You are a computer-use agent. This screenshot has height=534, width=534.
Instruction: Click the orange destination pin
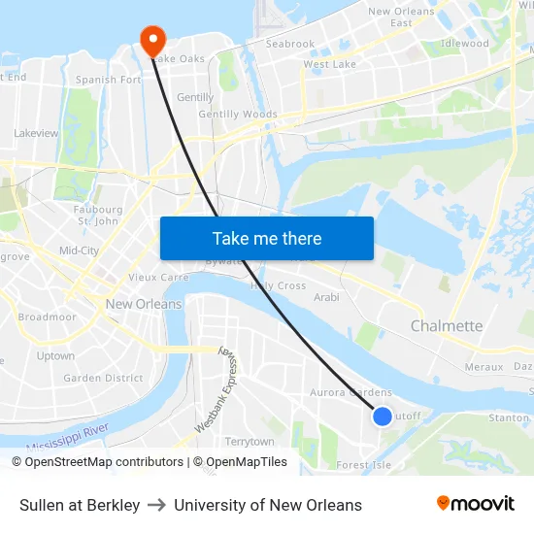point(153,40)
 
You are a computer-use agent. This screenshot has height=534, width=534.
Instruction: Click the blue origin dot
point(383,416)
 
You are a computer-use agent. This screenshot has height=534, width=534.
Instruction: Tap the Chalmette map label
point(447,326)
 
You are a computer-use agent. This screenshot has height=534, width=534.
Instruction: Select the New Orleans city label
point(144,304)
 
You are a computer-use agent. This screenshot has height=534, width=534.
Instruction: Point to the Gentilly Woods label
point(238,115)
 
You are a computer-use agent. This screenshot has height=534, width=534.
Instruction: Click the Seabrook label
point(290,44)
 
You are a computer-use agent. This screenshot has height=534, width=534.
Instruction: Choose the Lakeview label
point(36,133)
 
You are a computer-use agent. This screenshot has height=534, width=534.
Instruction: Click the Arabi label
point(326,297)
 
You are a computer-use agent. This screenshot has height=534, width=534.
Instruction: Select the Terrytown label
point(250,442)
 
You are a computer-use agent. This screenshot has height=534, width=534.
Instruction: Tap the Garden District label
point(103,379)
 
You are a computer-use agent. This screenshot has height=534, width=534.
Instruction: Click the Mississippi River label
point(68,436)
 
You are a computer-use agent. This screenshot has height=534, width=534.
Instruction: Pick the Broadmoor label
point(47,317)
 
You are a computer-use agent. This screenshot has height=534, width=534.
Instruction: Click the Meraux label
point(484,367)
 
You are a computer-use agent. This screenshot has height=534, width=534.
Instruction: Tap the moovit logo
point(475,504)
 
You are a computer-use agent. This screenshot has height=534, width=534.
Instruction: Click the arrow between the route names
point(156,505)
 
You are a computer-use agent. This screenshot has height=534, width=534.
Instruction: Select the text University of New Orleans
point(268,505)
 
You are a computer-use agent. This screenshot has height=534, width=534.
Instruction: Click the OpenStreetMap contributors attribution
point(97,462)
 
